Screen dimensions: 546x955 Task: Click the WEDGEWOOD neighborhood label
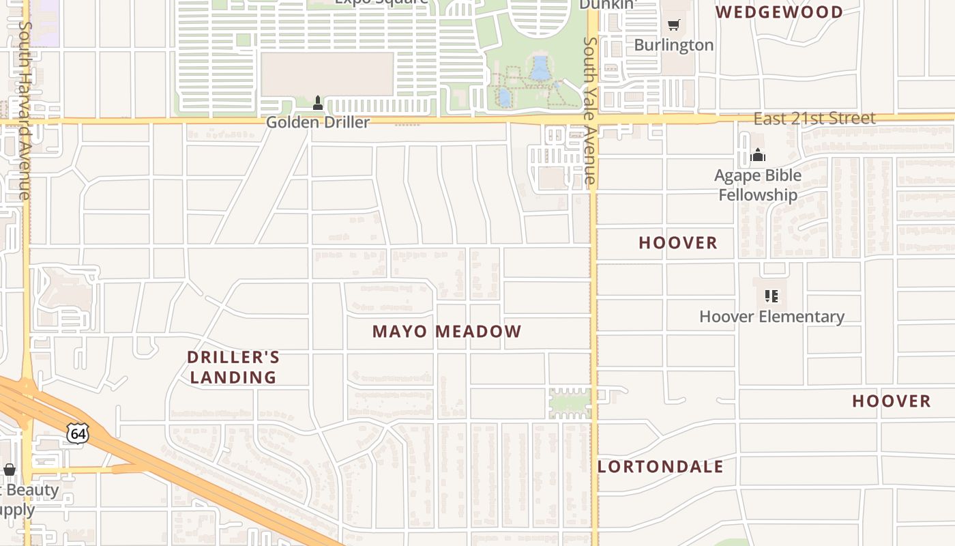779,12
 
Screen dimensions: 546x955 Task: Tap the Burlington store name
673,45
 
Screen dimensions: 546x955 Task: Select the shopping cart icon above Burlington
673,25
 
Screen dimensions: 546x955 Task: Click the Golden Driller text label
317,122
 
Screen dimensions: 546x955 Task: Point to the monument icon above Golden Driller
317,103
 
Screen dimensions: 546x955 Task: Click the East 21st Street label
814,119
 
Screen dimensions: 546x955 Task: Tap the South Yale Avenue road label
590,113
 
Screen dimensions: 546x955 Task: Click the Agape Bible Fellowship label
758,185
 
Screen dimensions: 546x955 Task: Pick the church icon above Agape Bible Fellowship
758,156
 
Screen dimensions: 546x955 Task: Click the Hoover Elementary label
772,317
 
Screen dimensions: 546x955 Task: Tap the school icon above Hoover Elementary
772,296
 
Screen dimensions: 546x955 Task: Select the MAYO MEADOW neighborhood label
447,332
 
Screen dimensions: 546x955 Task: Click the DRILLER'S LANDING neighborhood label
233,367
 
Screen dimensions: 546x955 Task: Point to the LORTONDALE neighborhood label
660,467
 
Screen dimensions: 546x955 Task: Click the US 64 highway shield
78,433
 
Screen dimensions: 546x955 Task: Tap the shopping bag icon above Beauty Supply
10,470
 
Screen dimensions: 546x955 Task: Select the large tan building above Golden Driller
327,74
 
